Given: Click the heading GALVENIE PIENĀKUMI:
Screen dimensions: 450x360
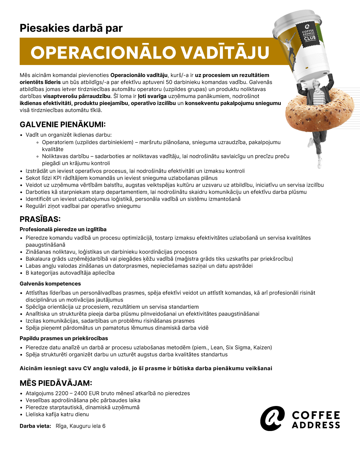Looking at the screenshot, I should tap(63, 125).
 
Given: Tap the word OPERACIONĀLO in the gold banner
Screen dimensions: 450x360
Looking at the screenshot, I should tap(103, 53).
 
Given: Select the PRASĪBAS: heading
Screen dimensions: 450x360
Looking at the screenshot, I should tap(40, 219).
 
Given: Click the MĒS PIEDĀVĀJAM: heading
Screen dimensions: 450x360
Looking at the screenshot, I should tap(56, 383).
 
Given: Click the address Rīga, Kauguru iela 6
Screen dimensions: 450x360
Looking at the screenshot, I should tap(81, 426).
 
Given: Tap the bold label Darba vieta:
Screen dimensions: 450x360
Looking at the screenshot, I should tap(35, 426).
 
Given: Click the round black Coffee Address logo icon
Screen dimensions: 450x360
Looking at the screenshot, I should tap(272, 418).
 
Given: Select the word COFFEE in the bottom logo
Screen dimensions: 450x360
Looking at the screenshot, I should tap(316, 415).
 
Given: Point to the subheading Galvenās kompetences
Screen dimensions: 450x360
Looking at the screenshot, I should tap(50, 284).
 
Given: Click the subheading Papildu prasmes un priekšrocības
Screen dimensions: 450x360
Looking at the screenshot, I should tap(64, 338).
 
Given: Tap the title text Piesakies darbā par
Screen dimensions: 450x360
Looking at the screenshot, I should tap(71, 28).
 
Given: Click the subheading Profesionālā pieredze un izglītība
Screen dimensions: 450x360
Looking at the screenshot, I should tap(63, 229).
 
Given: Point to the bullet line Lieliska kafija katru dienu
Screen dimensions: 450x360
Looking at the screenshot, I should tap(57, 414).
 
